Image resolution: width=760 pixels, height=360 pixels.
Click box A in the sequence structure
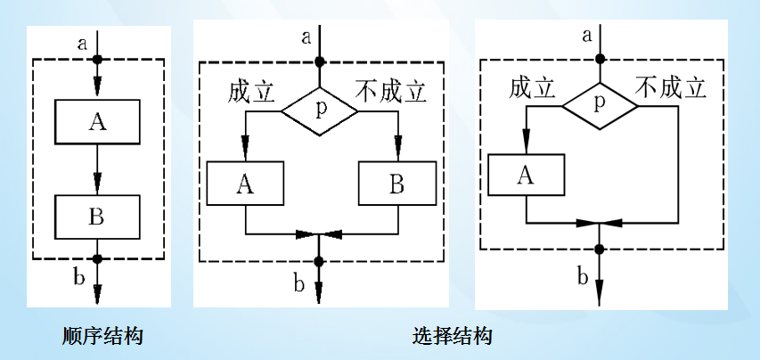98,121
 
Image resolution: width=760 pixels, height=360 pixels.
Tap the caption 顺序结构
103,336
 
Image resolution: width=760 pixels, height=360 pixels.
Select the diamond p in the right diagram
600,103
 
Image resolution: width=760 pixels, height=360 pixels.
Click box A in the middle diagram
245,183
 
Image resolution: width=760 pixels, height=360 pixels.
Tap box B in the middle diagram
396,183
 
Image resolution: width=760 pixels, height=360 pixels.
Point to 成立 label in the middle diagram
251,92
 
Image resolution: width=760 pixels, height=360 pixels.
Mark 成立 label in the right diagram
533,86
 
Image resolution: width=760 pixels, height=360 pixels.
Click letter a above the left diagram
83,41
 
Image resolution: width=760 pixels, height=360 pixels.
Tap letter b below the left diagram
79,278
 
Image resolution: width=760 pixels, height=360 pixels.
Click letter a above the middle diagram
306,37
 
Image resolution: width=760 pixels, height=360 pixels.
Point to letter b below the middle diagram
299,285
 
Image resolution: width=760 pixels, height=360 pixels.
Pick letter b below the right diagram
582,276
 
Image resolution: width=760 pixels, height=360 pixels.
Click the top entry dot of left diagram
98,60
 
